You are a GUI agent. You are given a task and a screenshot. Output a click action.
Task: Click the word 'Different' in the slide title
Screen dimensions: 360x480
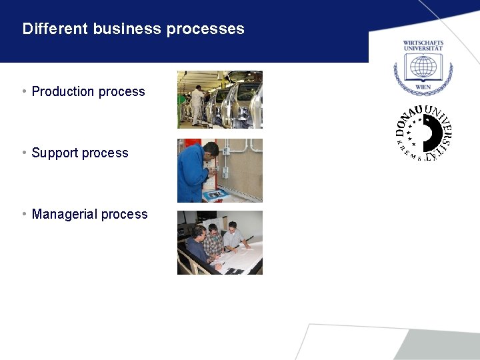[55, 29]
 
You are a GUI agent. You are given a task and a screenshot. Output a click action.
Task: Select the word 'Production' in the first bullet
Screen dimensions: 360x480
[64, 91]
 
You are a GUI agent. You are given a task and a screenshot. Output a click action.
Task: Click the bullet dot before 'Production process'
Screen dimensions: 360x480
[24, 91]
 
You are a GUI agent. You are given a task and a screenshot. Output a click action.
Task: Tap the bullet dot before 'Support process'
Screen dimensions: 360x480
[24, 153]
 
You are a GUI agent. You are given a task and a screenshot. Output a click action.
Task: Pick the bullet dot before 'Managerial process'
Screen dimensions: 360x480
[24, 214]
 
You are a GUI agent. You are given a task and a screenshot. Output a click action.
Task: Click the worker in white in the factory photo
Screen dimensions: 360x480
[197, 103]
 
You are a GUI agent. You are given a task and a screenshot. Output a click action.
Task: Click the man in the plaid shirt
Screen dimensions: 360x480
[213, 243]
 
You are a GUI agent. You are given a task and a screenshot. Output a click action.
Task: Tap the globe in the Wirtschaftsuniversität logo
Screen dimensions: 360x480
[423, 67]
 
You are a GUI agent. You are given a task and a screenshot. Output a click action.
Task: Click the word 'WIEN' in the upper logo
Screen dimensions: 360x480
[423, 87]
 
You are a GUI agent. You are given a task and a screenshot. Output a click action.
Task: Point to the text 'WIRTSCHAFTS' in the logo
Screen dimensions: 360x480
[423, 43]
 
